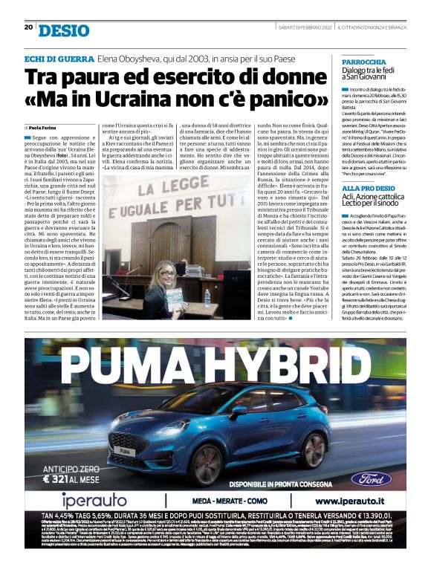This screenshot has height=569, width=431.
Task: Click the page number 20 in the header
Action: [28, 27]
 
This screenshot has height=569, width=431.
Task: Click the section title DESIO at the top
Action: [64, 30]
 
